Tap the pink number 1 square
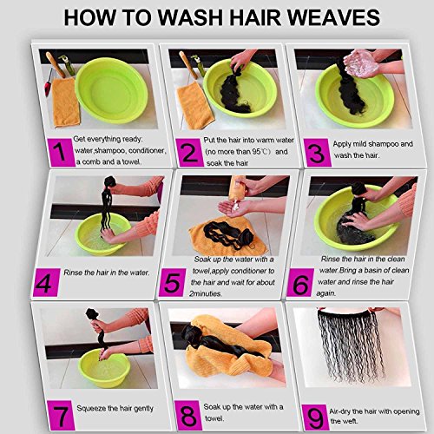61,153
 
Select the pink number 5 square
172,283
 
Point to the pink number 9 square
315,418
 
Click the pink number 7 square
61,415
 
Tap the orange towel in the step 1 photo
66,102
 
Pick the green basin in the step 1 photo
111,90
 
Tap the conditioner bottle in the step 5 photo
237,188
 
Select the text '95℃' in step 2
261,152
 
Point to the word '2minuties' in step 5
206,293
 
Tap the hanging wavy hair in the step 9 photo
351,345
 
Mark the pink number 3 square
318,153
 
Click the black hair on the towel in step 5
228,235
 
